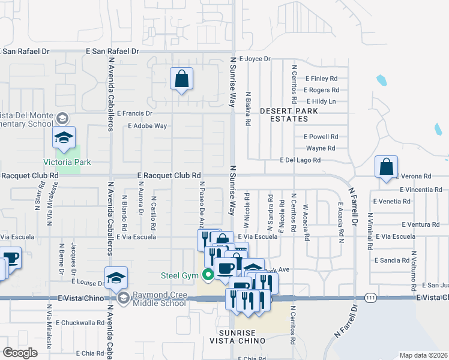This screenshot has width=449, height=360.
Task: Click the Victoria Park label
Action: [67, 161]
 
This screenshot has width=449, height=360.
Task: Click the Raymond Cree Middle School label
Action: [160, 299]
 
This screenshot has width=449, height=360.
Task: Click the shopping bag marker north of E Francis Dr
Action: [181, 79]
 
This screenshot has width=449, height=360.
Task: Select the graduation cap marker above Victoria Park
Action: [64, 138]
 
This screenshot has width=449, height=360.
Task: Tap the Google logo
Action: [20, 352]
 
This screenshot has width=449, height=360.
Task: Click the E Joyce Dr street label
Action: [255, 59]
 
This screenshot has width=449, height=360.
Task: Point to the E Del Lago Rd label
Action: [300, 160]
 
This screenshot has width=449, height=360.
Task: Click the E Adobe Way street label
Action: [147, 126]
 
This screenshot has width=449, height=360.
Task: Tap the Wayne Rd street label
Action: [320, 148]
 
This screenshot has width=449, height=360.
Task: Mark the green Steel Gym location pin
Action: [208, 275]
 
